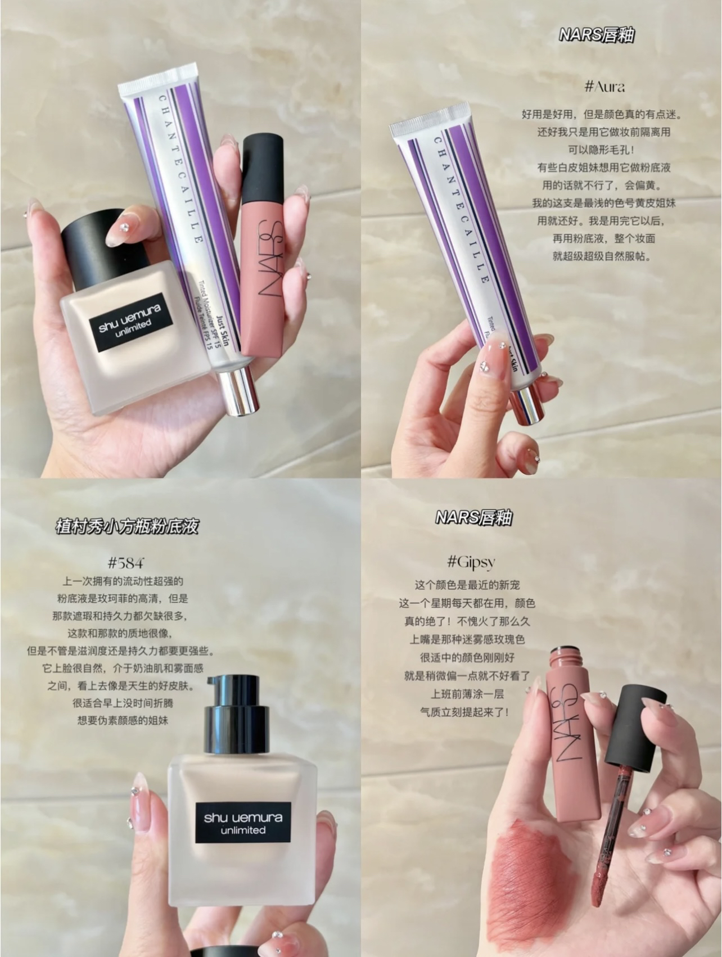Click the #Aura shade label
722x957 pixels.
(604, 87)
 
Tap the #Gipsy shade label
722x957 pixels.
(471, 561)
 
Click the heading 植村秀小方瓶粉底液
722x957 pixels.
(127, 527)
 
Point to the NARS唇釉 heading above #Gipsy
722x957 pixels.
(473, 517)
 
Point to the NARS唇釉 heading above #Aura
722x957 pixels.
(597, 35)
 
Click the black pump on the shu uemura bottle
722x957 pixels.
(232, 716)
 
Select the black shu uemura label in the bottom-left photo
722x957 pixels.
(243, 823)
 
